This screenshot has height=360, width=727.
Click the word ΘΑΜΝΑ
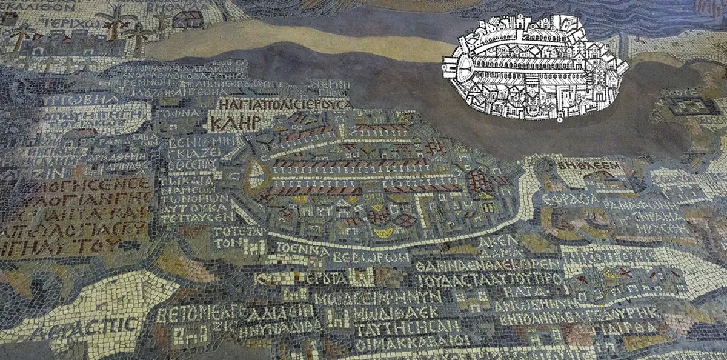[x=439, y=265]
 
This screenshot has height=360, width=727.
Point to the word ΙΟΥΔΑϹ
[x=442, y=280]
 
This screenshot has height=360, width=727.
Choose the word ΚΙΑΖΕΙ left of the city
[x=191, y=154]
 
